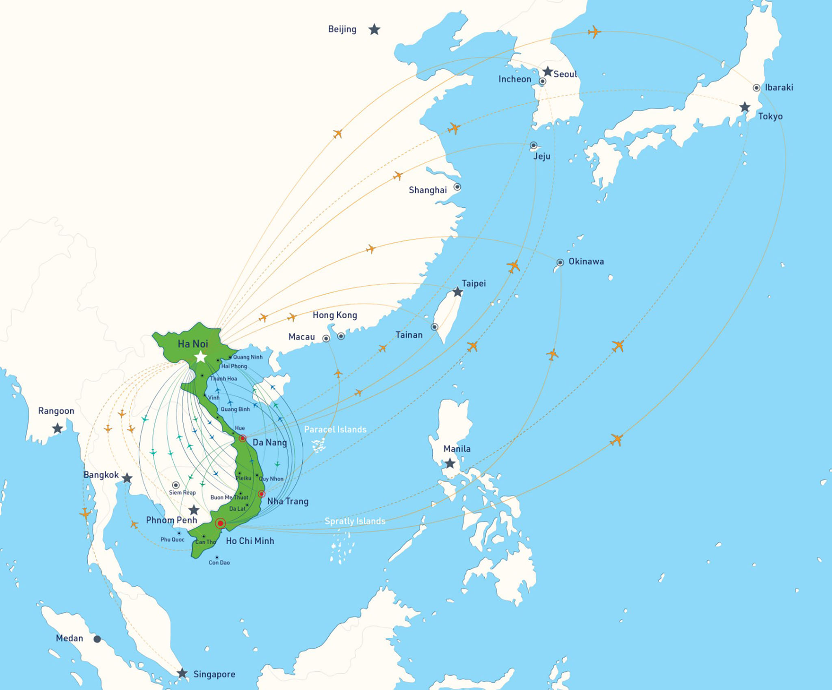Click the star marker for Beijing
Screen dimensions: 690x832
[374, 30]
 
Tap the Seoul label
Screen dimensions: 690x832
[565, 74]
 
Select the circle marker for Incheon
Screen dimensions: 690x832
[542, 82]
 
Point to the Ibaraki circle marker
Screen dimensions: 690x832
[756, 88]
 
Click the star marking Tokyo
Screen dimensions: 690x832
[745, 107]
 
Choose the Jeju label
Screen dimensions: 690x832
[542, 156]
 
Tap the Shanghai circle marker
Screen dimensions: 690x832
[457, 187]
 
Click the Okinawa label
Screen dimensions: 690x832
[586, 261]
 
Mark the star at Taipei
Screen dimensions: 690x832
[458, 292]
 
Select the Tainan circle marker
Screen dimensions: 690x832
[435, 327]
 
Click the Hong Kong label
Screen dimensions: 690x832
[335, 315]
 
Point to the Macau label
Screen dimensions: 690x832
[301, 337]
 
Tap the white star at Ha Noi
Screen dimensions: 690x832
[201, 357]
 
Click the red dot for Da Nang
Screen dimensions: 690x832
[243, 438]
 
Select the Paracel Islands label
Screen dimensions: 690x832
[335, 429]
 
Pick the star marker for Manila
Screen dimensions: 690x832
[450, 464]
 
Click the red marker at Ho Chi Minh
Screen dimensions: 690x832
[220, 523]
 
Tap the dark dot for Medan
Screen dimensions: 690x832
[97, 639]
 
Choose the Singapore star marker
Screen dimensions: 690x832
[182, 673]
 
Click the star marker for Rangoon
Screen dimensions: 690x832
[58, 428]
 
